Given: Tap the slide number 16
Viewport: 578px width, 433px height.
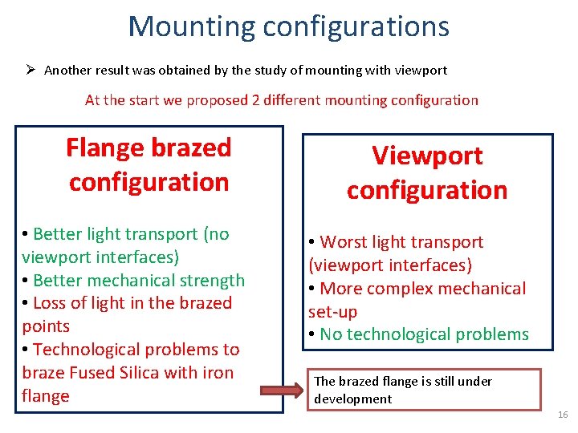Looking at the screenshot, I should coord(562,415).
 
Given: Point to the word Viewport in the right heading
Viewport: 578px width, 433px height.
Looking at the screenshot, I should coord(426,156).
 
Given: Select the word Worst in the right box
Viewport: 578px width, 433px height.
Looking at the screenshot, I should coord(345,242).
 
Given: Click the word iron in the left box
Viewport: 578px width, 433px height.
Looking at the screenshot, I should coord(217,373).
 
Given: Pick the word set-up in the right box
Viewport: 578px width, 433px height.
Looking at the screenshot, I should coord(333,311).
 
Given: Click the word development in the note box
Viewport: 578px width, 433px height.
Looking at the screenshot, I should coord(353,399).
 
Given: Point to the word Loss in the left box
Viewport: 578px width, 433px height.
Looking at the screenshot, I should coord(51,303).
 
